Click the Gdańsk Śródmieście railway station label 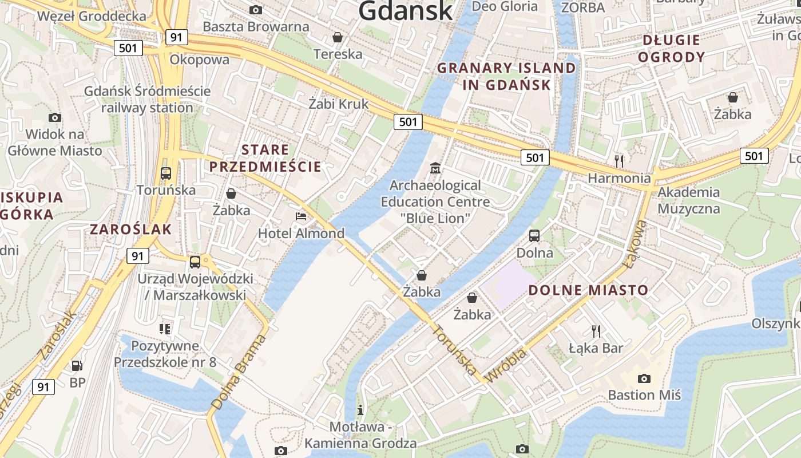tap(147, 99)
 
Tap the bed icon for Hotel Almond tap(301, 216)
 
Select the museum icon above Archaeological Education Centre tap(436, 168)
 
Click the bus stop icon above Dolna tap(534, 235)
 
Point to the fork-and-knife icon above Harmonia tap(618, 160)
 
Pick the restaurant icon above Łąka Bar tap(596, 330)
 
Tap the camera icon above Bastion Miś tap(644, 378)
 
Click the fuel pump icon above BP tap(77, 365)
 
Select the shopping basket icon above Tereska tap(338, 37)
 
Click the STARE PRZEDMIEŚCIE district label tap(265, 158)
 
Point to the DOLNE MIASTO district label tap(588, 290)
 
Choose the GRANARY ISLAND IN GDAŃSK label tap(506, 76)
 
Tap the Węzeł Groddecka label tap(92, 15)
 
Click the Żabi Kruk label tap(339, 104)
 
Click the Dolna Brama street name tap(239, 372)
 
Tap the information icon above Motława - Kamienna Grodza tap(360, 409)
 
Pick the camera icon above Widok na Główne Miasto tap(55, 117)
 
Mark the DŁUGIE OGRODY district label tap(671, 48)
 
